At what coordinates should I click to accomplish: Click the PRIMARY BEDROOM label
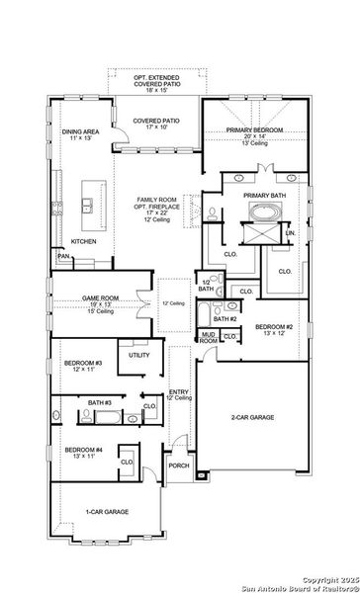[x=248, y=130]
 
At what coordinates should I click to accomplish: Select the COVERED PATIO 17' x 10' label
[x=153, y=122]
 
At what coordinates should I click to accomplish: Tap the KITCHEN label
[x=83, y=242]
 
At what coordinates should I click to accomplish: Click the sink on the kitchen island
[x=89, y=206]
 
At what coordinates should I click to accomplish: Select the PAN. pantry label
[x=63, y=255]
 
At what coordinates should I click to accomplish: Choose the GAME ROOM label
[x=89, y=298]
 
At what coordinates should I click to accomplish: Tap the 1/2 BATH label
[x=205, y=285]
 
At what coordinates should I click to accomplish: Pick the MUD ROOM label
[x=208, y=338]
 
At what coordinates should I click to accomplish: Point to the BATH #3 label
[x=99, y=404]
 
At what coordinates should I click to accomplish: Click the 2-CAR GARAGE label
[x=252, y=418]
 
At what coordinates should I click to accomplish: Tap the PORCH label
[x=178, y=466]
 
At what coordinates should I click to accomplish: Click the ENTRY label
[x=179, y=392]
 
